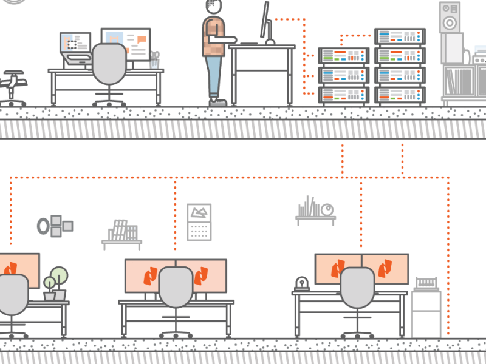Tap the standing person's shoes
[217, 101]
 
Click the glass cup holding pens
[154, 61]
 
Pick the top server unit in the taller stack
[399, 37]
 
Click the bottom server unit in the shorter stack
[344, 95]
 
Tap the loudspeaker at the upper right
[450, 17]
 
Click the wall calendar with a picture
[199, 222]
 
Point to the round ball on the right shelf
[327, 210]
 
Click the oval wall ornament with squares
[55, 226]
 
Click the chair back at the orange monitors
[176, 287]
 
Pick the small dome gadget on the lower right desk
[301, 283]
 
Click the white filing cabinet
[426, 314]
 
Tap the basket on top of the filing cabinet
[426, 283]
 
